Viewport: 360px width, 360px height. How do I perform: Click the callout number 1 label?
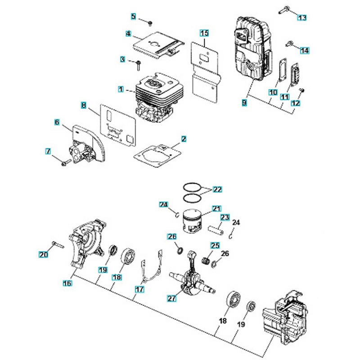coord(121,90)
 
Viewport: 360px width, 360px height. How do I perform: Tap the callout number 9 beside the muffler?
coord(244,103)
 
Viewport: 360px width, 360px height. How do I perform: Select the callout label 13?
coord(301,17)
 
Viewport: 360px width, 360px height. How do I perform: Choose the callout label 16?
coord(67,283)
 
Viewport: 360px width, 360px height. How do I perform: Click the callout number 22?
coord(217,190)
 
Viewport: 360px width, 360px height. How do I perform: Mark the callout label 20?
coord(43,255)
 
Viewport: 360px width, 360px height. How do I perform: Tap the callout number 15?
coord(204,33)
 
